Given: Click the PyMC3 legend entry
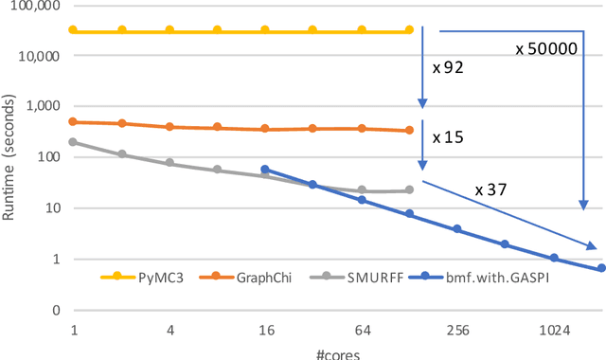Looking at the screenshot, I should coord(143,277).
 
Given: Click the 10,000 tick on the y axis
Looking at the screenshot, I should coord(38,56).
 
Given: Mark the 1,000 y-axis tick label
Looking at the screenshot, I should coord(42,107).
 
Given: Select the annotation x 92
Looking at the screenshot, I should coord(447,68).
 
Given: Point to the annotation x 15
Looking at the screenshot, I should coord(447,137).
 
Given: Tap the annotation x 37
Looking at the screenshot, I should coord(491,189).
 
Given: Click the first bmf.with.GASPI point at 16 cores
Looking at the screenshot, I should coord(265,170).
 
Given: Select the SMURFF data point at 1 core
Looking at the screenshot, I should coord(74,142).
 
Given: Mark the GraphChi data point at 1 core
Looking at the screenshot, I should coord(74,121).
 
